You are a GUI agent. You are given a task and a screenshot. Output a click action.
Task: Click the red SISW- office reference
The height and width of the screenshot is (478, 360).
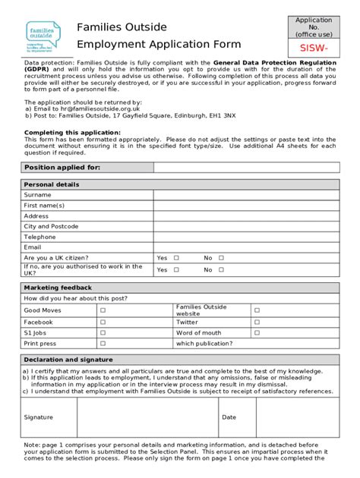[x=314, y=48]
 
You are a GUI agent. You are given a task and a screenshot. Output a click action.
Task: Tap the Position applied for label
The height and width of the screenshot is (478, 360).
[x=62, y=168]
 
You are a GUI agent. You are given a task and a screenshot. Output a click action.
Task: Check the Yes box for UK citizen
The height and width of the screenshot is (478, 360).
[x=176, y=258]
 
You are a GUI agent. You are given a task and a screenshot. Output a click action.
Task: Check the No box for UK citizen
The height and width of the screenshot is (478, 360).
[x=222, y=258]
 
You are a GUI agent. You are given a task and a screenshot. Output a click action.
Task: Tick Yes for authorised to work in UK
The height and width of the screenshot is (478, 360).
[x=176, y=270]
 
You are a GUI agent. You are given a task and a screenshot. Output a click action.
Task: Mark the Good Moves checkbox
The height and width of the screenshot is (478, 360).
[x=103, y=310]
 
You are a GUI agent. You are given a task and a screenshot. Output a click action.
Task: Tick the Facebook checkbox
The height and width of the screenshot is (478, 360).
[x=103, y=322]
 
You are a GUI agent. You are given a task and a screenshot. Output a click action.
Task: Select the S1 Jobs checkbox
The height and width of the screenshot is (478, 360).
[x=103, y=333]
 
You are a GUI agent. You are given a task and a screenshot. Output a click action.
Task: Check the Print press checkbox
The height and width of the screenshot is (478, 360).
[x=103, y=344]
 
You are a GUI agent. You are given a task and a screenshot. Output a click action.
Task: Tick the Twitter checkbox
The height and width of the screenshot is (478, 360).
[x=257, y=322]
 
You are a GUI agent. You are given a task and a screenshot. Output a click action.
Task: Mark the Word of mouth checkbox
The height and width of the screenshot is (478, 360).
[x=257, y=333]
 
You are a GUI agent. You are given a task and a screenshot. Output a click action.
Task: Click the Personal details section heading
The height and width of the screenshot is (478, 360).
[x=52, y=184]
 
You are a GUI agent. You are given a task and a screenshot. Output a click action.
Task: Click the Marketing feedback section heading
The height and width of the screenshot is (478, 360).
[x=58, y=288]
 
